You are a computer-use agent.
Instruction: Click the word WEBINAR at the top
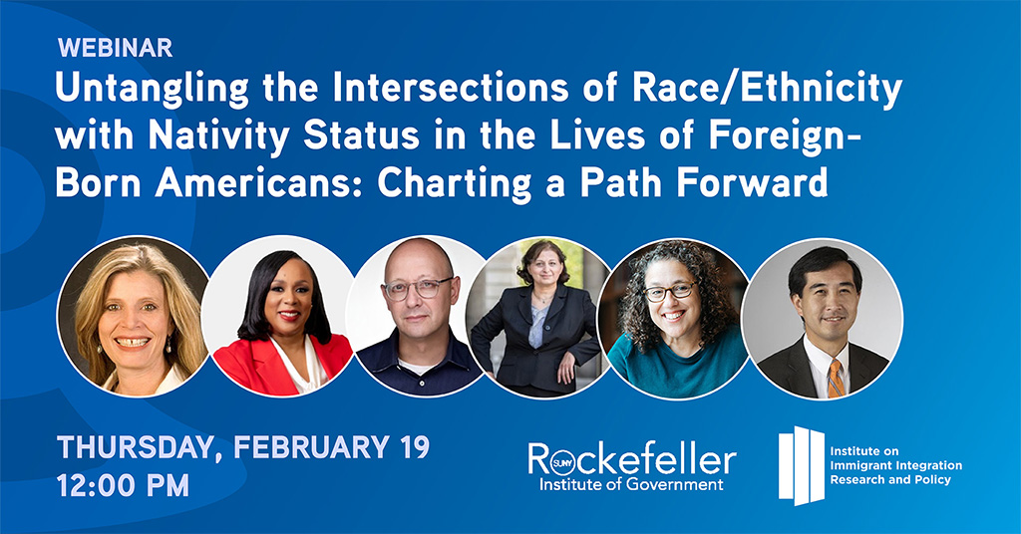pyautogui.click(x=116, y=48)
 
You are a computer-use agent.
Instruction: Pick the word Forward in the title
pyautogui.click(x=752, y=182)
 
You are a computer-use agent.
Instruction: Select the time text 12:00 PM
pyautogui.click(x=123, y=486)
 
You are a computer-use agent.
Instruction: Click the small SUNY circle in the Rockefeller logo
pyautogui.click(x=560, y=462)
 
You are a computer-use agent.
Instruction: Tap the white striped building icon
pyautogui.click(x=802, y=465)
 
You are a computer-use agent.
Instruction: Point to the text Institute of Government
pyautogui.click(x=631, y=484)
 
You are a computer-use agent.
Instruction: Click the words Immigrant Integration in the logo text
pyautogui.click(x=896, y=465)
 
